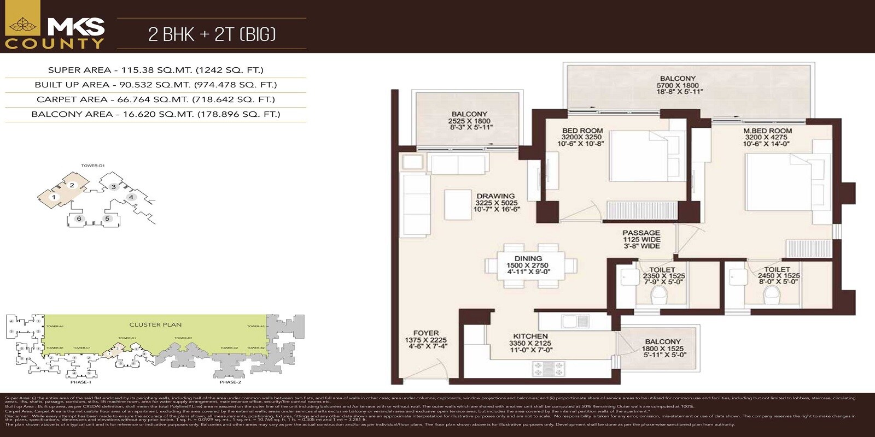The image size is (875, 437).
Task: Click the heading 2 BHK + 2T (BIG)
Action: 212,34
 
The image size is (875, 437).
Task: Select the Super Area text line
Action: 156,70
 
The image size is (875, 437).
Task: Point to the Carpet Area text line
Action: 156,99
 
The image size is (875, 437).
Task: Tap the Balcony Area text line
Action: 156,114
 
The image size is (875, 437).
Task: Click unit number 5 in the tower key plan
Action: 107,218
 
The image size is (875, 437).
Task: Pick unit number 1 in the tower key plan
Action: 54,197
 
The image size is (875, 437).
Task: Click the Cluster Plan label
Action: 155,324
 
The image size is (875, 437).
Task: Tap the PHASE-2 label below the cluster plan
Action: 230,382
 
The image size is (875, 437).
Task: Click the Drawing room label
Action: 495,196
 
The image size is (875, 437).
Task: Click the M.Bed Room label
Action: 767,131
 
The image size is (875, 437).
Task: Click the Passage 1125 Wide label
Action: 641,239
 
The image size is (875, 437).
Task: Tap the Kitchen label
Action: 530,336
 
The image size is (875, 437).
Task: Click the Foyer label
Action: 426,333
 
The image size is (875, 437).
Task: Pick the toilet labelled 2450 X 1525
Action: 777,276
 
